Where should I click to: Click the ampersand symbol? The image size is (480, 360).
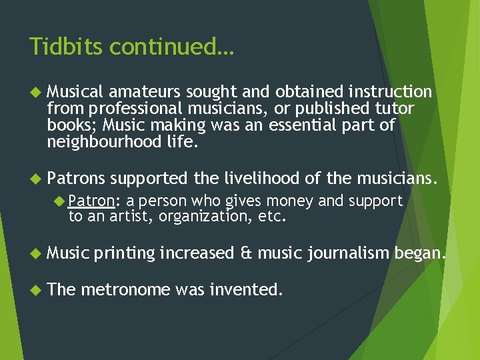pyautogui.click(x=245, y=253)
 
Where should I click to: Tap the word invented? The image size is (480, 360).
pyautogui.click(x=245, y=290)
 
